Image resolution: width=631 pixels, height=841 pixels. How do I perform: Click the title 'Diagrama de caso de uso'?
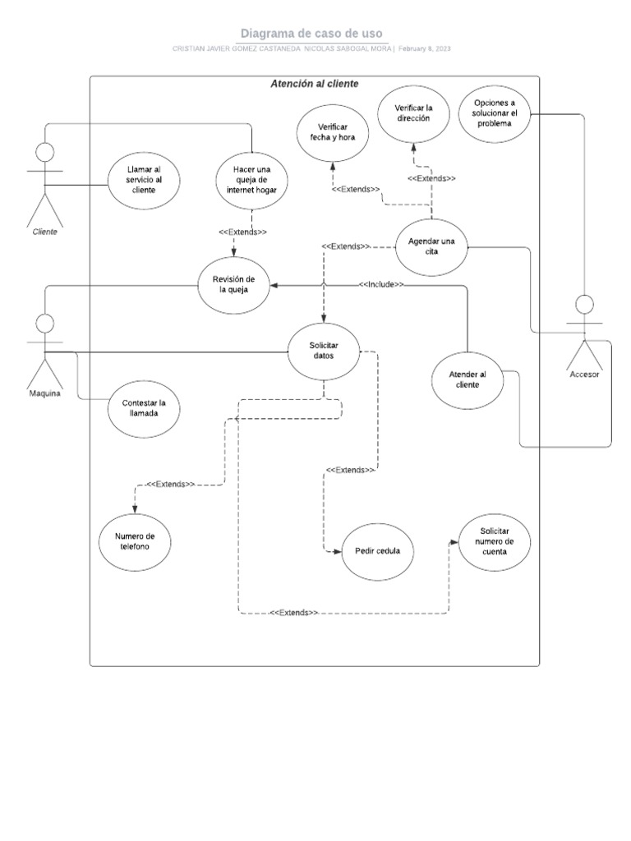311,33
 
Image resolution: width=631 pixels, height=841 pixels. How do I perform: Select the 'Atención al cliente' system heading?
314,84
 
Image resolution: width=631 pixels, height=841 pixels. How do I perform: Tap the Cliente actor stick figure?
44,185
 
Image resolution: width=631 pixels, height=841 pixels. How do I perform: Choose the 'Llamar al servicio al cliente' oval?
144,180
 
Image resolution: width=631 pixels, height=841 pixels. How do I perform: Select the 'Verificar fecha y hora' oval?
333,131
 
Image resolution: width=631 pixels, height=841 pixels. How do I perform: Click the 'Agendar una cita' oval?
431,246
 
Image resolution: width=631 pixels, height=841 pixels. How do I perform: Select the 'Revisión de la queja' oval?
235,285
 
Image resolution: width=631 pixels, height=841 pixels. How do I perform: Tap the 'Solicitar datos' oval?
324,350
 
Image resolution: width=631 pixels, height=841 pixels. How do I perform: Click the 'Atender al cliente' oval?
467,380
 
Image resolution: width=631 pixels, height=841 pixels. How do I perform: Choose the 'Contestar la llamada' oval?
144,408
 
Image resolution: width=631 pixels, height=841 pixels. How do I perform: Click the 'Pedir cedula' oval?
377,551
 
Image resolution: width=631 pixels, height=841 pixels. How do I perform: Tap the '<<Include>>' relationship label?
381,284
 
